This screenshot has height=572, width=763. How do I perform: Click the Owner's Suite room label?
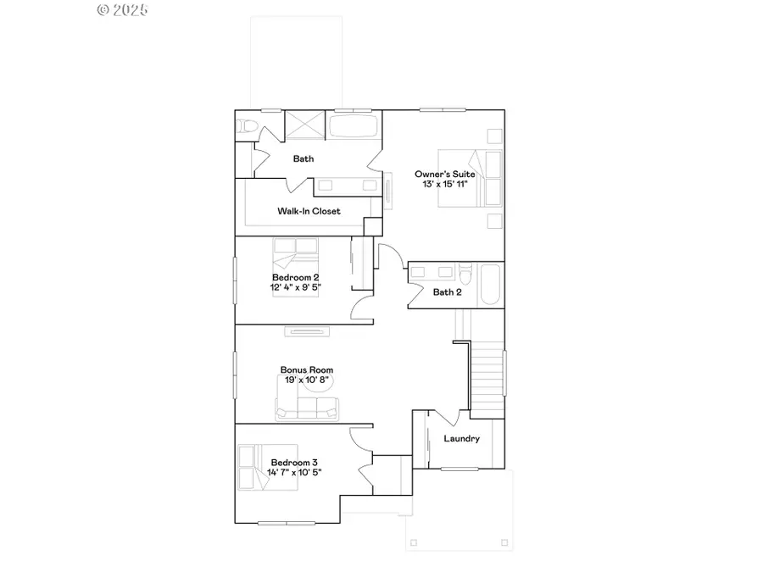(x=444, y=174)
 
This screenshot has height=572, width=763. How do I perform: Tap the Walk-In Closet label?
(x=309, y=211)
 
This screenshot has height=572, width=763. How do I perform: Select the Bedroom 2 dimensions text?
(x=296, y=287)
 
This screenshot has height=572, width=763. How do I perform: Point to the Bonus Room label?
(x=307, y=369)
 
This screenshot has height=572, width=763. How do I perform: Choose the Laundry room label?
(x=462, y=438)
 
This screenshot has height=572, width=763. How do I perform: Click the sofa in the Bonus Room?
(x=306, y=409)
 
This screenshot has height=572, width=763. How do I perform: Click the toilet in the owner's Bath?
(x=246, y=126)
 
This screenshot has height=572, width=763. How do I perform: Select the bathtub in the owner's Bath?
(x=354, y=127)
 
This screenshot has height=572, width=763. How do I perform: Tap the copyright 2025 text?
(x=123, y=10)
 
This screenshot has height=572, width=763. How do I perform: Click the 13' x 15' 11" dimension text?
(x=444, y=184)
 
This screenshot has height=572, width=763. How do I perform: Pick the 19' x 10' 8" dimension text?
(x=307, y=380)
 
